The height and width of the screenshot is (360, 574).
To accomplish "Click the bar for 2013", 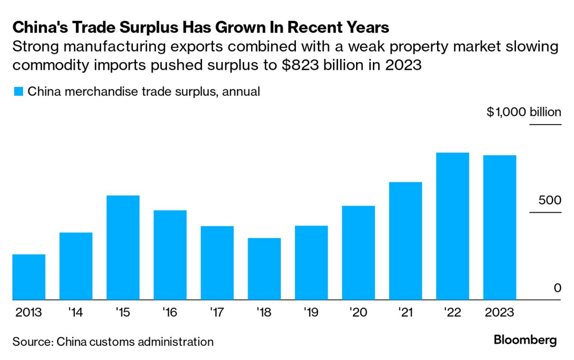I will tap(29, 277).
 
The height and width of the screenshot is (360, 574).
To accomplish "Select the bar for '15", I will tap(123, 248).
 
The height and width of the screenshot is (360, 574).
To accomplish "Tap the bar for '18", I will tap(264, 269).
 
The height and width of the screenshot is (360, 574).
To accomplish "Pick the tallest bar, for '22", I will tap(452, 226).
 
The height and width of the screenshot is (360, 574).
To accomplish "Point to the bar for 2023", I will tap(499, 228).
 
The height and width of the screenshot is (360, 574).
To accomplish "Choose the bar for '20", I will tap(358, 253).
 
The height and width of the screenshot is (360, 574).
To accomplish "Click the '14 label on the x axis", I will tap(76, 313).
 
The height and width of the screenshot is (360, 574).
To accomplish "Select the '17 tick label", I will tap(217, 313).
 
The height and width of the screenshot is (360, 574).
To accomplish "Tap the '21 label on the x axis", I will tap(405, 313).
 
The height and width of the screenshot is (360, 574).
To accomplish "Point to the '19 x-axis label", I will tap(311, 313).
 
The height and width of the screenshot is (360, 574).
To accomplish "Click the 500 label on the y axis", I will tap(550, 200).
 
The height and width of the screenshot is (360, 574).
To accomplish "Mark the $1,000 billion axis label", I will tap(524, 112).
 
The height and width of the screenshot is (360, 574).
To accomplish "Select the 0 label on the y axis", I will tap(557, 288).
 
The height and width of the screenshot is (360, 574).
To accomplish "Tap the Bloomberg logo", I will tap(525, 340).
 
